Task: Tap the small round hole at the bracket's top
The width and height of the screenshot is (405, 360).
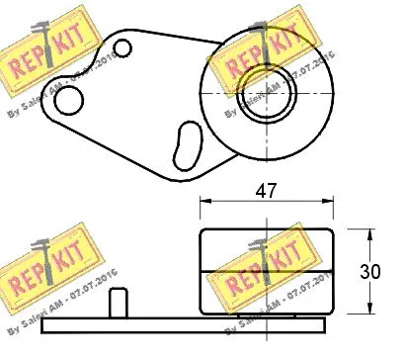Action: coord(123,47)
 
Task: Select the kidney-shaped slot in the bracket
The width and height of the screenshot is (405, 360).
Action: coord(184,143)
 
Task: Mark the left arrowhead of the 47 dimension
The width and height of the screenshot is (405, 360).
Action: coord(204,203)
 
